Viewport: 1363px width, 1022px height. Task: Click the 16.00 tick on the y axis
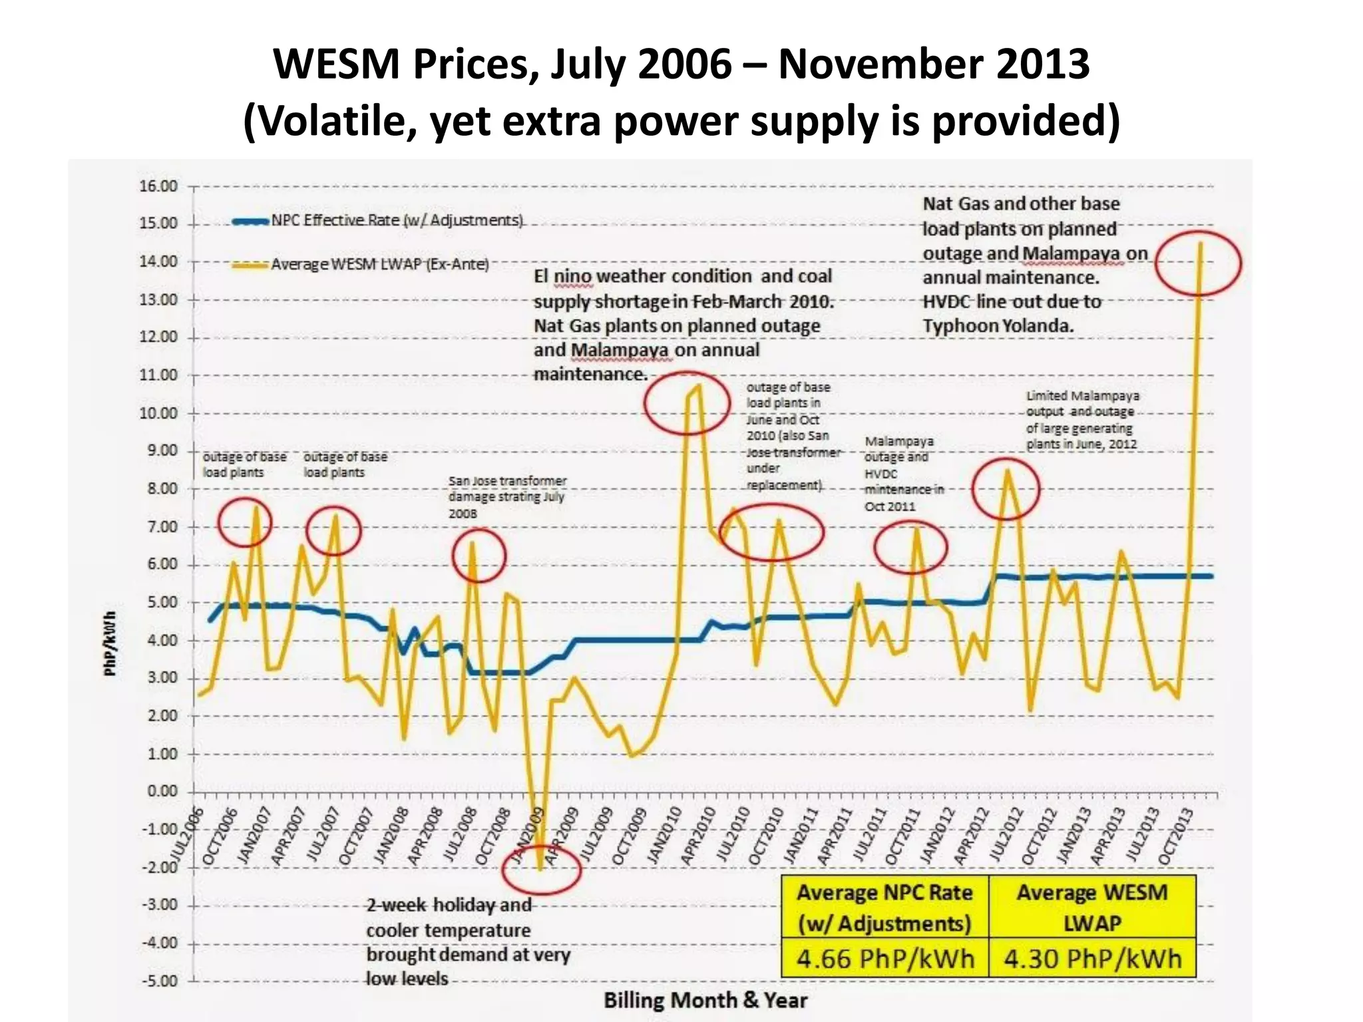click(158, 186)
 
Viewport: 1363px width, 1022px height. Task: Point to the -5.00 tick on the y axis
click(158, 981)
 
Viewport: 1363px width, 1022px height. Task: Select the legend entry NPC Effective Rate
click(397, 220)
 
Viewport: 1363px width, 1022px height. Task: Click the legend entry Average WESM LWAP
click(379, 264)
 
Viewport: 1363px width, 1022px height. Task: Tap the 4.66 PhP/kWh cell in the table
click(885, 959)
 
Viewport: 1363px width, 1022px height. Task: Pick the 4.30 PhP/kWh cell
click(1093, 959)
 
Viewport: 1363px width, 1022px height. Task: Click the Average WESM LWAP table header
click(1092, 907)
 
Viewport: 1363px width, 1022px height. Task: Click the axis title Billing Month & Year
click(705, 1000)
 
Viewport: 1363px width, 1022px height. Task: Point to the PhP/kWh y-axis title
click(110, 643)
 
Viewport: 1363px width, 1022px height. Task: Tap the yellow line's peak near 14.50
click(1200, 244)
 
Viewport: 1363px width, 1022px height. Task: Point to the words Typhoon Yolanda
click(998, 326)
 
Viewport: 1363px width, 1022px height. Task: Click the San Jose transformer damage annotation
click(507, 496)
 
